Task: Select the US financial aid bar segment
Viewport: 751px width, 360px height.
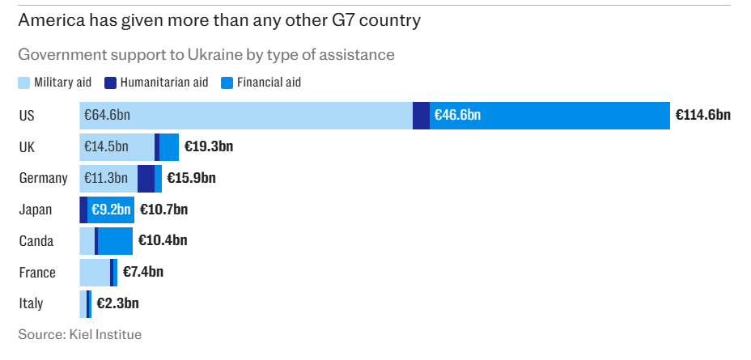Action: tap(549, 116)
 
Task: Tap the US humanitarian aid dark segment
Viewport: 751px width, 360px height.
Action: tap(421, 116)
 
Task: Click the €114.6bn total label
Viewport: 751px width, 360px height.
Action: tap(702, 116)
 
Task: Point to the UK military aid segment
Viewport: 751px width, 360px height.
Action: tap(117, 147)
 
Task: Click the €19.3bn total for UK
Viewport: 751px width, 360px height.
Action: tap(208, 147)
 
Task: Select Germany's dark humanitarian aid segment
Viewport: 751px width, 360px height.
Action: tap(146, 178)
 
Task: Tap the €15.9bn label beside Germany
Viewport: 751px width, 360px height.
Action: tap(191, 178)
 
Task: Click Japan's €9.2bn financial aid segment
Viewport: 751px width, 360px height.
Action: tap(111, 210)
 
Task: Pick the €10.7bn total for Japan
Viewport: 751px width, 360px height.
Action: tap(163, 210)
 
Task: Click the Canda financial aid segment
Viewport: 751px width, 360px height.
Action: tap(115, 241)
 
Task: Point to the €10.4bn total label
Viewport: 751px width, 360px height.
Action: tap(163, 241)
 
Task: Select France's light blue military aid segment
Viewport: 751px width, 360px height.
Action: tap(95, 273)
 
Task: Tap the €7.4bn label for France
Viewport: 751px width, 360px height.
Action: tap(143, 273)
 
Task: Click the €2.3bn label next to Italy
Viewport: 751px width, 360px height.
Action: tap(117, 304)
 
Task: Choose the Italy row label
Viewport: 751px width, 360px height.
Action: tap(31, 304)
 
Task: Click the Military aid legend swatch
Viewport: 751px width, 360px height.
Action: tap(24, 83)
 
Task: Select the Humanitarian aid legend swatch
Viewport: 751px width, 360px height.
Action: tap(112, 83)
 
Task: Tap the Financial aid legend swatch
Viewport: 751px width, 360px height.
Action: tap(227, 83)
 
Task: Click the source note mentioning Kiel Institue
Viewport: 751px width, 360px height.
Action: tap(79, 333)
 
